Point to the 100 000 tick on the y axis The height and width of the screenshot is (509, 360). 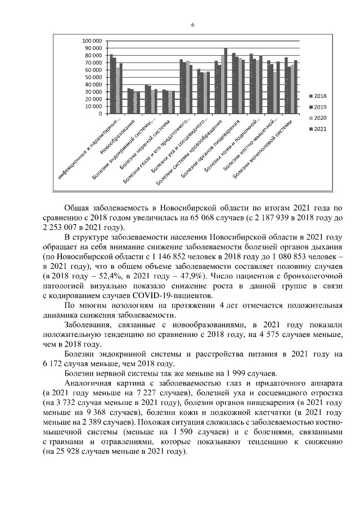click(x=93, y=41)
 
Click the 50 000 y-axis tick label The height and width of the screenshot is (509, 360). click(x=94, y=77)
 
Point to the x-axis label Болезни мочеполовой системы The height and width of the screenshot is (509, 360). click(x=265, y=147)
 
